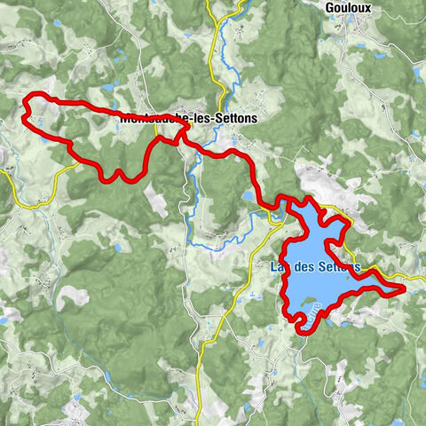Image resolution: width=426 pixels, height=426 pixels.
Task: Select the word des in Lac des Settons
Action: point(303,265)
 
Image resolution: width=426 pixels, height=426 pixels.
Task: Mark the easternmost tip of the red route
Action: point(405,288)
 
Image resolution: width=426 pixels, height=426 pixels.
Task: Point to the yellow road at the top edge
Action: point(210,4)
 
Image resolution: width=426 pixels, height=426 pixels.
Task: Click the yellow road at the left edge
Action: point(4,172)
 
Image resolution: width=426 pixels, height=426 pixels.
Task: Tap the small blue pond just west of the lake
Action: point(247,196)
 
